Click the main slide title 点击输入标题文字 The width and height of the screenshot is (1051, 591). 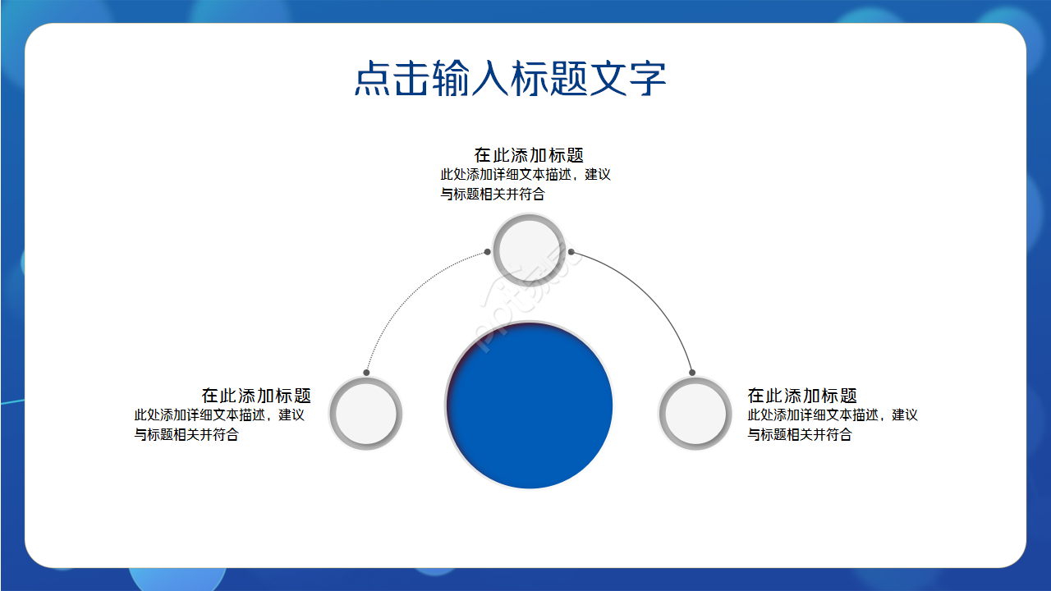pyautogui.click(x=509, y=79)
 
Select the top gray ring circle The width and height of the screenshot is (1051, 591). pyautogui.click(x=530, y=249)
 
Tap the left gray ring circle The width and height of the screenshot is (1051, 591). pyautogui.click(x=365, y=413)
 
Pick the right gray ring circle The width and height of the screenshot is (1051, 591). pyautogui.click(x=695, y=413)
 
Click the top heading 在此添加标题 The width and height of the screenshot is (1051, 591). pyautogui.click(x=529, y=155)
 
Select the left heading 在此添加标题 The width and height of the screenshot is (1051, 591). pyautogui.click(x=256, y=396)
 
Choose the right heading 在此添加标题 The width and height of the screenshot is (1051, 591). pyautogui.click(x=802, y=396)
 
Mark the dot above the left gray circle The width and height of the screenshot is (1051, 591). pyautogui.click(x=366, y=373)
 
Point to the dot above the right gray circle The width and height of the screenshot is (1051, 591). pyautogui.click(x=692, y=373)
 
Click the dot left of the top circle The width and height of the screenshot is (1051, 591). pyautogui.click(x=487, y=252)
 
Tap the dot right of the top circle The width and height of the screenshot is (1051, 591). pyautogui.click(x=571, y=252)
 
